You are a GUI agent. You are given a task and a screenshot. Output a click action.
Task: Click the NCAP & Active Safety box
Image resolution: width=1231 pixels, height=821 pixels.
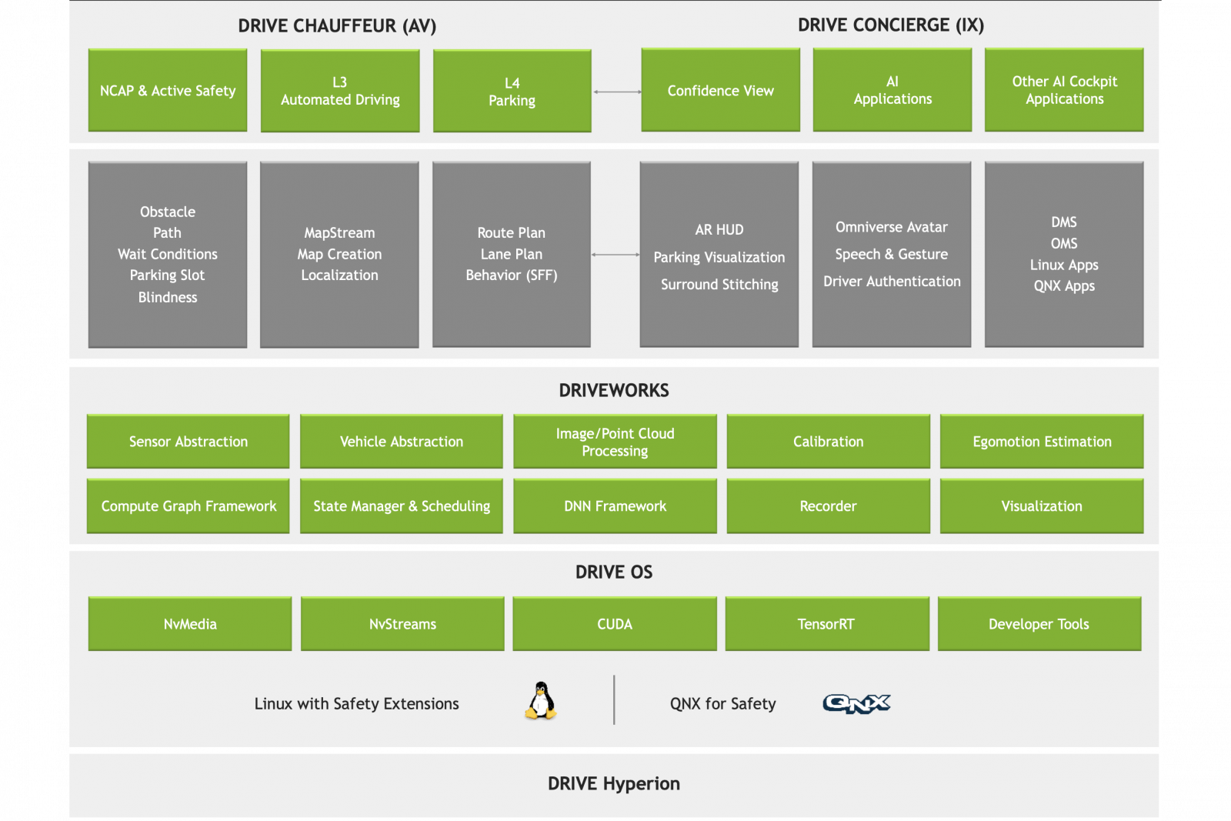[168, 91]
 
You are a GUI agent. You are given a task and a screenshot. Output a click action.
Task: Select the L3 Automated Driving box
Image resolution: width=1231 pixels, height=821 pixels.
[340, 91]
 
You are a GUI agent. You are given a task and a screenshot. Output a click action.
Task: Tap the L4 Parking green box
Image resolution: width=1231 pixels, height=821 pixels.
[512, 92]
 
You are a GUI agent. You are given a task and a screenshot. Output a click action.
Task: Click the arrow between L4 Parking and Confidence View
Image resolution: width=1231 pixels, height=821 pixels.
[616, 92]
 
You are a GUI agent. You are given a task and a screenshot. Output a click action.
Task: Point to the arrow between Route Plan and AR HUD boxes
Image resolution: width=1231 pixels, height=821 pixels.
[615, 255]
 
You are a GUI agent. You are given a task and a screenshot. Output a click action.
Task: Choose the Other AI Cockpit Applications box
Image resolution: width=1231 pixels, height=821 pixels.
[1064, 90]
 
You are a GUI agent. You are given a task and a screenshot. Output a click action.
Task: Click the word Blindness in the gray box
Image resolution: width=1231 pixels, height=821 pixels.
[168, 297]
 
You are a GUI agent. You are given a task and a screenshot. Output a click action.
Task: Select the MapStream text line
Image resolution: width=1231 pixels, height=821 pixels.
[339, 232]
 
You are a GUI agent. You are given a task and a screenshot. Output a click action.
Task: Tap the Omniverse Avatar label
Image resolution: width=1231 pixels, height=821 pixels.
[891, 227]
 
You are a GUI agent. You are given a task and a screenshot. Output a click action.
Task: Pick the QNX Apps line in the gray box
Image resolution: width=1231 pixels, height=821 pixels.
[1064, 285]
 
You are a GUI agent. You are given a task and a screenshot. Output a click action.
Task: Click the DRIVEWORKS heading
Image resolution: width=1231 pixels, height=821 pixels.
[614, 390]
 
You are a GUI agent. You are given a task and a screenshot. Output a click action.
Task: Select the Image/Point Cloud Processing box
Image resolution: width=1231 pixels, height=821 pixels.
[615, 442]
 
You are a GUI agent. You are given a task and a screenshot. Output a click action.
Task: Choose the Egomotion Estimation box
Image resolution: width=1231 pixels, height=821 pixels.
[1042, 442]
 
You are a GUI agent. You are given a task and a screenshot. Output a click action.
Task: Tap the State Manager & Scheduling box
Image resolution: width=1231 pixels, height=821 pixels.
[402, 506]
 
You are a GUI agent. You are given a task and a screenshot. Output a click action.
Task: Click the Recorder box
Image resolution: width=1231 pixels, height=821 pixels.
[828, 506]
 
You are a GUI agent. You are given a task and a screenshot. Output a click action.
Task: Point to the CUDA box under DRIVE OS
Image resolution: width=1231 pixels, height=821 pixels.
[615, 624]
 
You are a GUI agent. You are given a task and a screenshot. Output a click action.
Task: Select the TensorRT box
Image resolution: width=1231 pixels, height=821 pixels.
[826, 624]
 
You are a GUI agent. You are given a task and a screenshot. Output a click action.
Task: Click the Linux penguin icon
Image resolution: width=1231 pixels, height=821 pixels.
[541, 701]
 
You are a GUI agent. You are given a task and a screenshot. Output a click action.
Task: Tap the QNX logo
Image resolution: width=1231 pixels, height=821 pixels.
[856, 703]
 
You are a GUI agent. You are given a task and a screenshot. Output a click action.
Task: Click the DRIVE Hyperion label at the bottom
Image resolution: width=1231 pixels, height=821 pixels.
[614, 783]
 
